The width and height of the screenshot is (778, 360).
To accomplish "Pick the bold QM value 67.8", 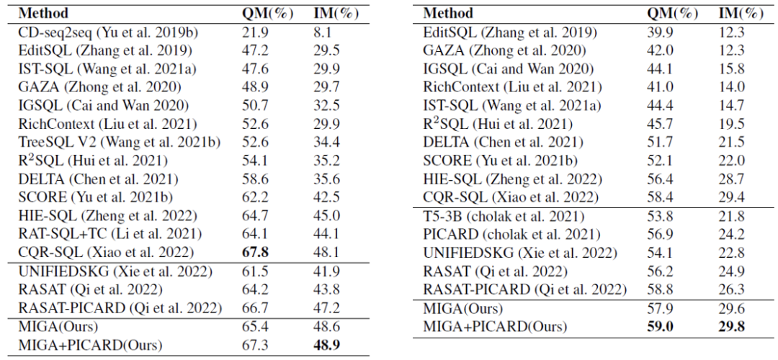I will point(257,252).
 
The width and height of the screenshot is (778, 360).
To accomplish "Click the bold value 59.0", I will point(661,326).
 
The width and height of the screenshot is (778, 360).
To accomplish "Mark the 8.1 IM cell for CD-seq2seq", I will point(324,33).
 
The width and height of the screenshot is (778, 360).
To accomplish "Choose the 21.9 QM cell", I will point(257,33).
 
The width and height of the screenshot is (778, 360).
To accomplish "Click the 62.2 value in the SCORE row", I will point(257,197).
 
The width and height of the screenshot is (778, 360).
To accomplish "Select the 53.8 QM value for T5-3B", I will point(661,216).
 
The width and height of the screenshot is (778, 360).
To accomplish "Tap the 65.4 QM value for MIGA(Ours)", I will point(257,326).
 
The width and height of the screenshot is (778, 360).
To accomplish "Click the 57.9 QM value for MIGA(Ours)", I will point(661,308).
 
